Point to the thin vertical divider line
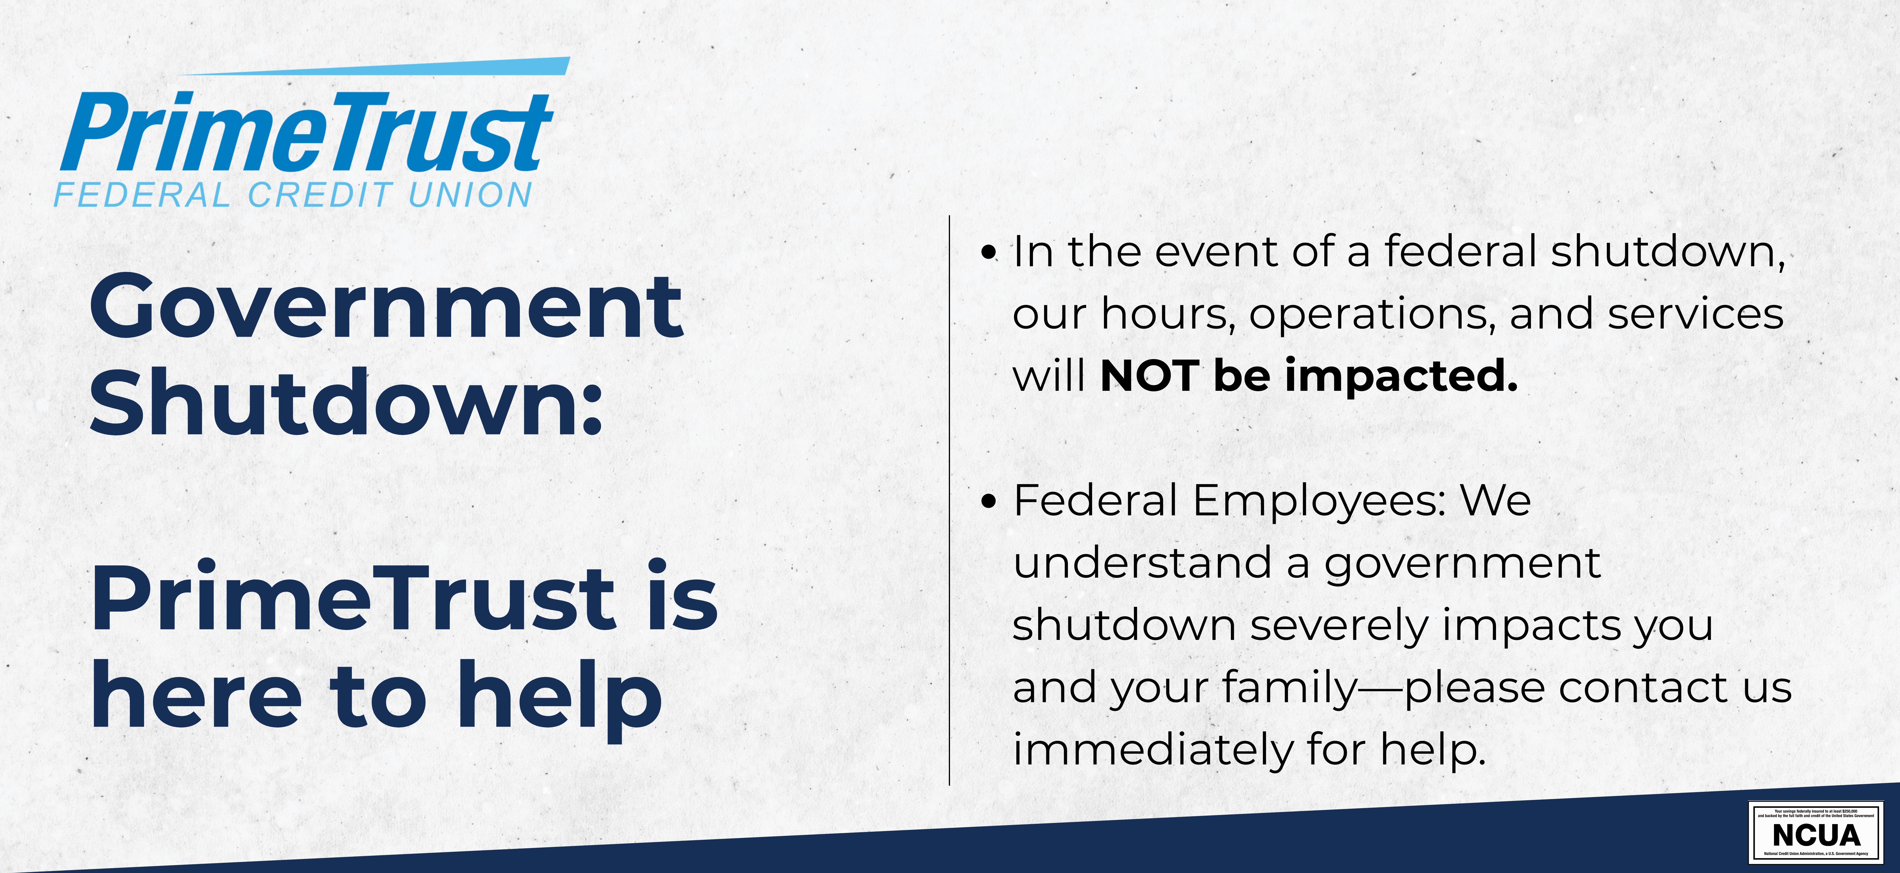949,501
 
